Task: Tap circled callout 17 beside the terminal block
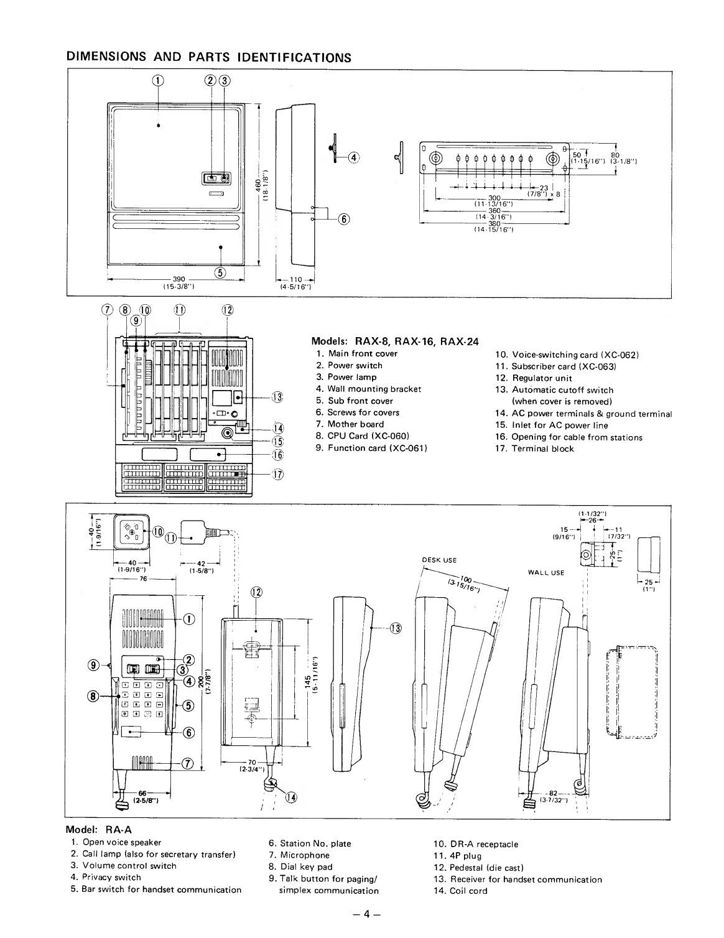point(278,475)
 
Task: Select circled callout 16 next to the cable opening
point(278,455)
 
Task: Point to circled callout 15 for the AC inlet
point(278,442)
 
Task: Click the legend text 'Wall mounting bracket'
point(374,389)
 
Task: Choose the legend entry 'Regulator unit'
point(542,378)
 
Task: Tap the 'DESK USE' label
point(439,560)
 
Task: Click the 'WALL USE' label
point(546,573)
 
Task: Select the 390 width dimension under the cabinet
point(179,279)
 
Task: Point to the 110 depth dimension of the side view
point(296,279)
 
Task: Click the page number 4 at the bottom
point(366,914)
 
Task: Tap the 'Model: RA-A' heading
point(99,830)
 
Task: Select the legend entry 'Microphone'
point(305,855)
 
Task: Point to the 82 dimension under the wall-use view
point(553,793)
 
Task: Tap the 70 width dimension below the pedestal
point(252,763)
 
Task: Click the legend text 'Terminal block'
point(543,448)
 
